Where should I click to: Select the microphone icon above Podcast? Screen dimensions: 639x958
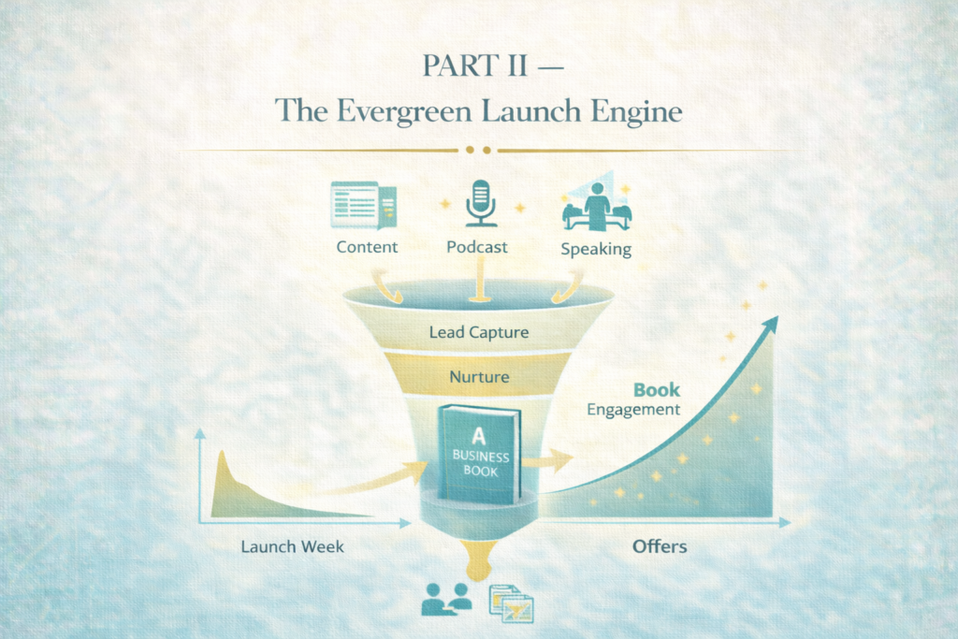[x=481, y=202]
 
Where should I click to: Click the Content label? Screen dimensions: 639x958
[x=367, y=247]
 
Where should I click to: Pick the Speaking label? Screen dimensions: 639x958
[x=595, y=249]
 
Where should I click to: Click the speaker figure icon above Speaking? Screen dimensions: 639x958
[x=597, y=205]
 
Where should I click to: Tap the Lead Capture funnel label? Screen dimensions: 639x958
[x=478, y=331]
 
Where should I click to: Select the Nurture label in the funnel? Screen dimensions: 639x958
[x=478, y=377]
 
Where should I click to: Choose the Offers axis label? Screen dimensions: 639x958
[x=660, y=545]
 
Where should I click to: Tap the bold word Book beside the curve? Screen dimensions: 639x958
[x=657, y=389]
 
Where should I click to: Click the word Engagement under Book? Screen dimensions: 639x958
[x=633, y=409]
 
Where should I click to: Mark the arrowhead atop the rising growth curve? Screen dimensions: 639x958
[x=770, y=324]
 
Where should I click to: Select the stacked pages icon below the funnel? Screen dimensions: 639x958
[x=511, y=603]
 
